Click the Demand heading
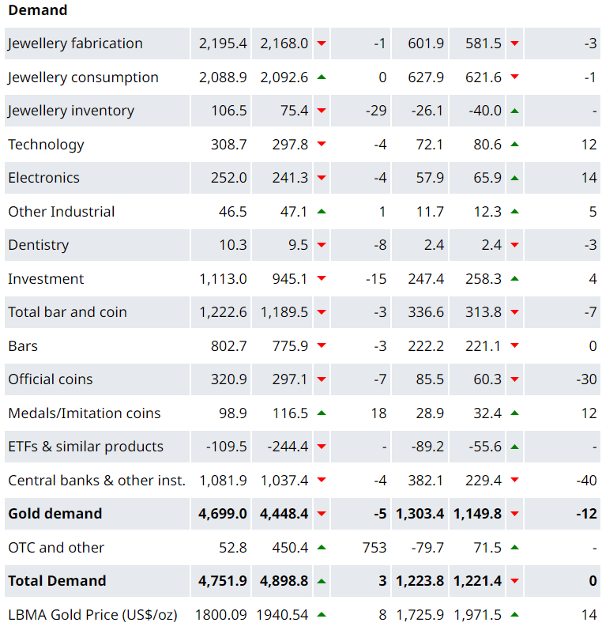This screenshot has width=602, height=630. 38,10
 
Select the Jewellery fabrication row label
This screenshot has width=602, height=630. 75,43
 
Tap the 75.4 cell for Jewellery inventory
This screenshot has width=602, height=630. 294,111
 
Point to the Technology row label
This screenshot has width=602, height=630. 46,145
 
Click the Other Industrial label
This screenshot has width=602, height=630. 61,212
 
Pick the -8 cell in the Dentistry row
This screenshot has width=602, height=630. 379,245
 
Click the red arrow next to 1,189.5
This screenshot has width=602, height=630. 322,312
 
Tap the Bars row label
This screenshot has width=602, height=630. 23,346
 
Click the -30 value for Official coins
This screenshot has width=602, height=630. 586,379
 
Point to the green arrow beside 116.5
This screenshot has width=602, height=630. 322,413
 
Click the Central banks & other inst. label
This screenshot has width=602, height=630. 96,481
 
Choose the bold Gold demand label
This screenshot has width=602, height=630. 55,514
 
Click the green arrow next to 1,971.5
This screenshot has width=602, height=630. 514,615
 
